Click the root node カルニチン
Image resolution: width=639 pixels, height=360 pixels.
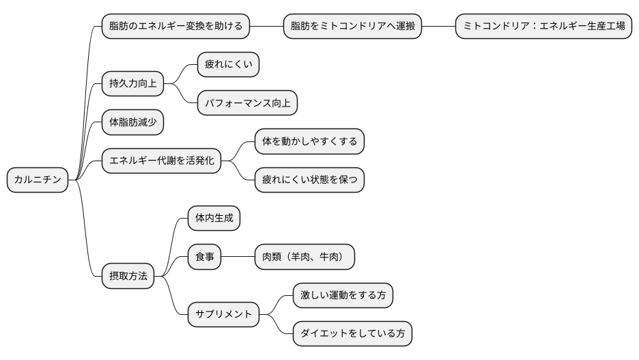click(38, 180)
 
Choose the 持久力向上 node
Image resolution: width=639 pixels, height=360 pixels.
click(132, 83)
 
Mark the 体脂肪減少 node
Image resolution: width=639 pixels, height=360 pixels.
click(132, 122)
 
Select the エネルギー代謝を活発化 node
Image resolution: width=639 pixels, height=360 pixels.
click(161, 161)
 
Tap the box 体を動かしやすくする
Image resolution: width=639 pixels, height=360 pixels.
click(309, 141)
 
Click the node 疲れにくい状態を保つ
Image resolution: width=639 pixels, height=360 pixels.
click(309, 180)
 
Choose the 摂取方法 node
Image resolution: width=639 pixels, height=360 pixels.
click(128, 277)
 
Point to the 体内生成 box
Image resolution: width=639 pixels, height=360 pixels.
click(214, 219)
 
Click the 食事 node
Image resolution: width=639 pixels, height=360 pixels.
click(204, 258)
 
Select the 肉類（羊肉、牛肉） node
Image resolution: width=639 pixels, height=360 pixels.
click(304, 258)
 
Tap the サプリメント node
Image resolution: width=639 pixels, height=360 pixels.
click(223, 315)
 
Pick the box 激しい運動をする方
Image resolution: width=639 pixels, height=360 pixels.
click(343, 296)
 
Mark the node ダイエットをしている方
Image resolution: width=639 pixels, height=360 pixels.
click(353, 334)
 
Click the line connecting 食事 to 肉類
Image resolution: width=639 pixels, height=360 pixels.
click(238, 258)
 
